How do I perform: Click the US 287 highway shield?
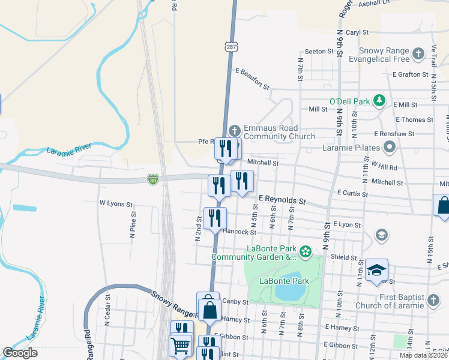point(232,46)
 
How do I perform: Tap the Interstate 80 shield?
point(153,179)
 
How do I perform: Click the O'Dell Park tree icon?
point(379,101)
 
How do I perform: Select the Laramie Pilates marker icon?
point(390,146)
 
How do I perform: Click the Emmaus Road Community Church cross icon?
point(235,130)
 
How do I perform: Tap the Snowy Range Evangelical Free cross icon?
point(419,56)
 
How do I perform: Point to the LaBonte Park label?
point(284,281)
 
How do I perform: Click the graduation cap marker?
point(376,270)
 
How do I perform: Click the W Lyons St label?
point(116,204)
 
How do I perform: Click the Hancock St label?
point(239,232)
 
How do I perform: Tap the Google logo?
point(20,353)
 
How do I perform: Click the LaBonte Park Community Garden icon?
point(306,251)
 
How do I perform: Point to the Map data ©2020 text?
point(423,355)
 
